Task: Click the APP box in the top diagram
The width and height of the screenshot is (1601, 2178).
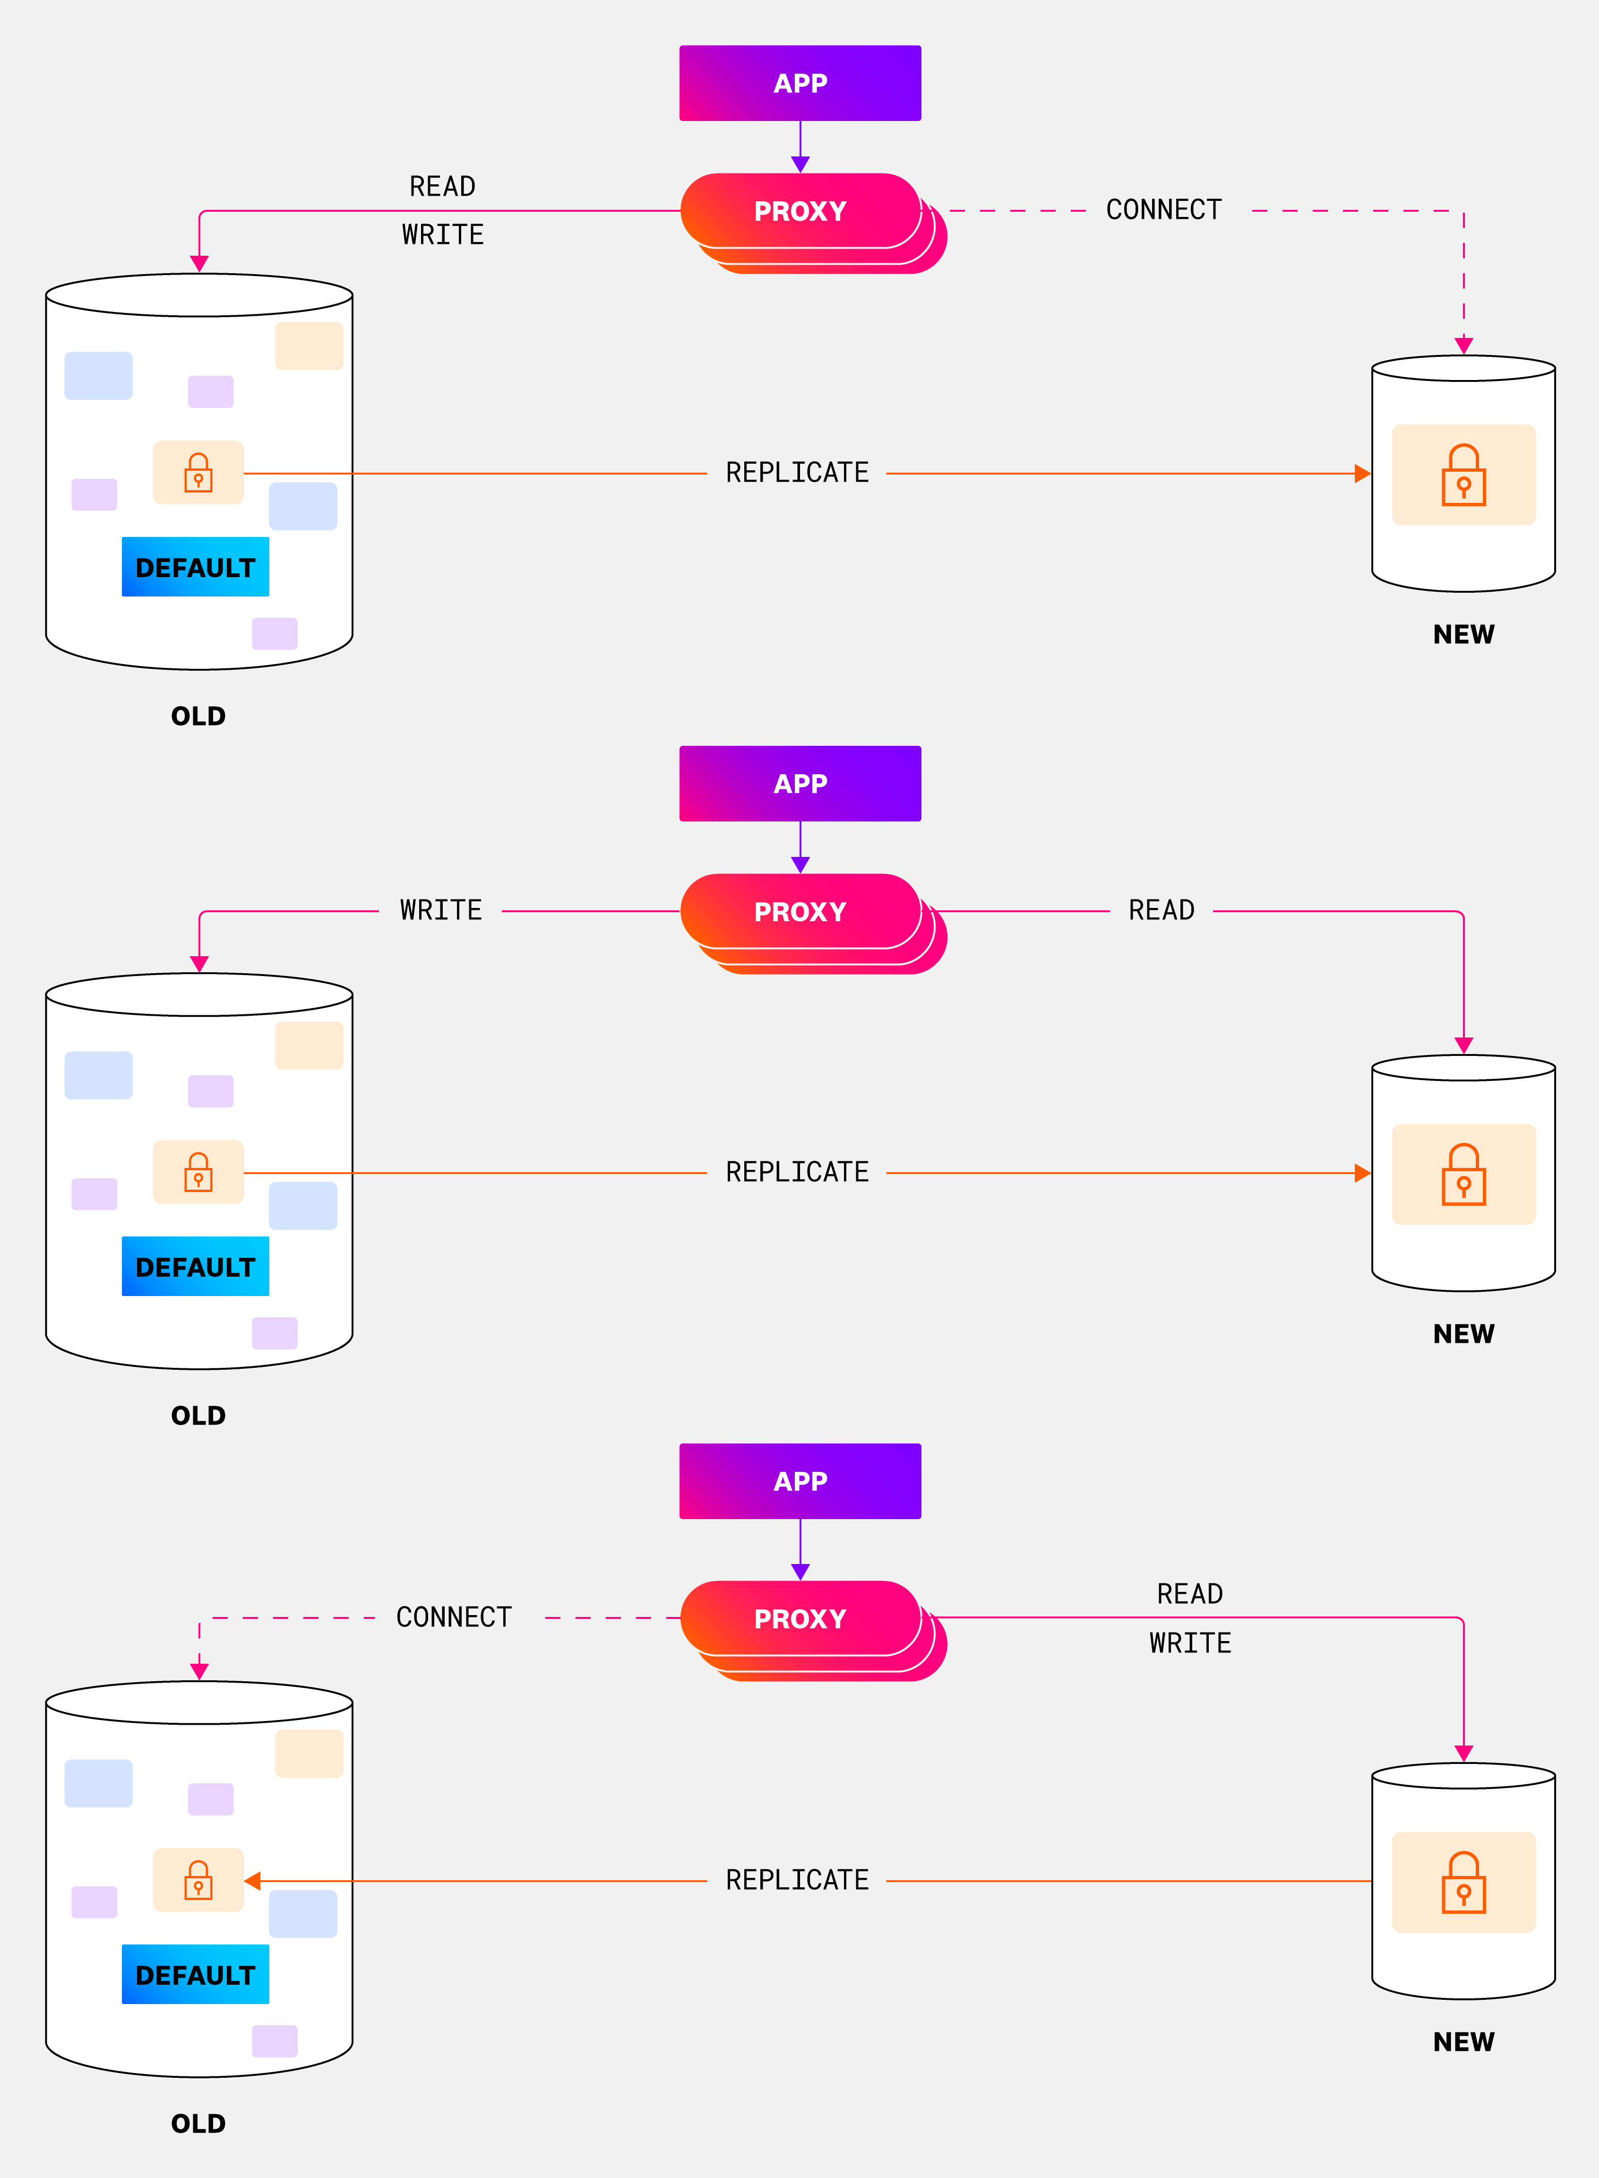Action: pyautogui.click(x=800, y=83)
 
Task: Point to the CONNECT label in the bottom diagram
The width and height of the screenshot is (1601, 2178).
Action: pyautogui.click(x=454, y=1617)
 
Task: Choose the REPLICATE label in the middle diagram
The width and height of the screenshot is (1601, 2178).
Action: pyautogui.click(x=797, y=1172)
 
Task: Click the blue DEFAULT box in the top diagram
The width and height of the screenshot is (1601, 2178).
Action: pyautogui.click(x=195, y=567)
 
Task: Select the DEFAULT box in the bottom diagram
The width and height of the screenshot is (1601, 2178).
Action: pyautogui.click(x=195, y=1974)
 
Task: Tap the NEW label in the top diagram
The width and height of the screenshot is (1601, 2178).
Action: pyautogui.click(x=1463, y=634)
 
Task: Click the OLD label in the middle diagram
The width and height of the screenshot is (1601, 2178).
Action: pyautogui.click(x=198, y=1415)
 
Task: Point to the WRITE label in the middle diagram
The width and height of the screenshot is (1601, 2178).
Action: pyautogui.click(x=441, y=910)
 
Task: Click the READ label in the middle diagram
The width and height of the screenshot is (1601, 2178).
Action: pyautogui.click(x=1161, y=910)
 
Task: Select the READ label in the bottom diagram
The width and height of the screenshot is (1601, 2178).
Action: pyautogui.click(x=1189, y=1593)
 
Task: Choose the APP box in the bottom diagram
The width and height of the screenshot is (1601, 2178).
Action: pyautogui.click(x=800, y=1481)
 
